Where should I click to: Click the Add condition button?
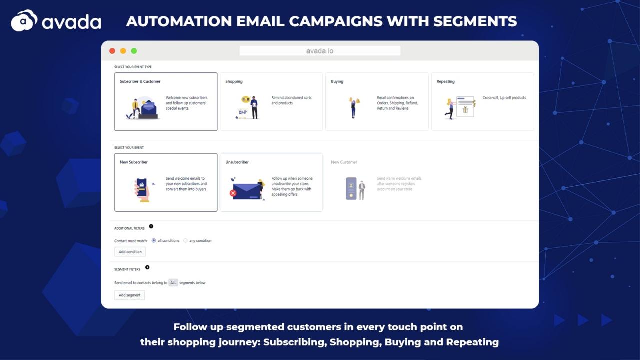coord(130,251)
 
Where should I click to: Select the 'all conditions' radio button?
coord(153,240)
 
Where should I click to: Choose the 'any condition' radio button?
coord(185,240)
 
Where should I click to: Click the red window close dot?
coord(112,51)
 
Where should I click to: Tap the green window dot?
coord(134,51)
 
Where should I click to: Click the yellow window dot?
coord(123,51)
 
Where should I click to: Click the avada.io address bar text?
coord(319,51)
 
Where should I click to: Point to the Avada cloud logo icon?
coord(24,20)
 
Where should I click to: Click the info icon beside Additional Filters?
coord(151,226)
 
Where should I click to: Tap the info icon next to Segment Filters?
coord(147,267)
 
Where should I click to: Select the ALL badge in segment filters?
coord(173,283)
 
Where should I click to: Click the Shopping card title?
coord(234,81)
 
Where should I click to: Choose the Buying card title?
coord(337,81)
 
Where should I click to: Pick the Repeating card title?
coord(445,81)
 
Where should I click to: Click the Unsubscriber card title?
coord(237,162)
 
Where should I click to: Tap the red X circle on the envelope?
coord(233,193)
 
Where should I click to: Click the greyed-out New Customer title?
coord(344,162)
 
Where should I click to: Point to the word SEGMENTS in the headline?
coord(475,21)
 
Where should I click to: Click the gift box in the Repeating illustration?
coord(465,109)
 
